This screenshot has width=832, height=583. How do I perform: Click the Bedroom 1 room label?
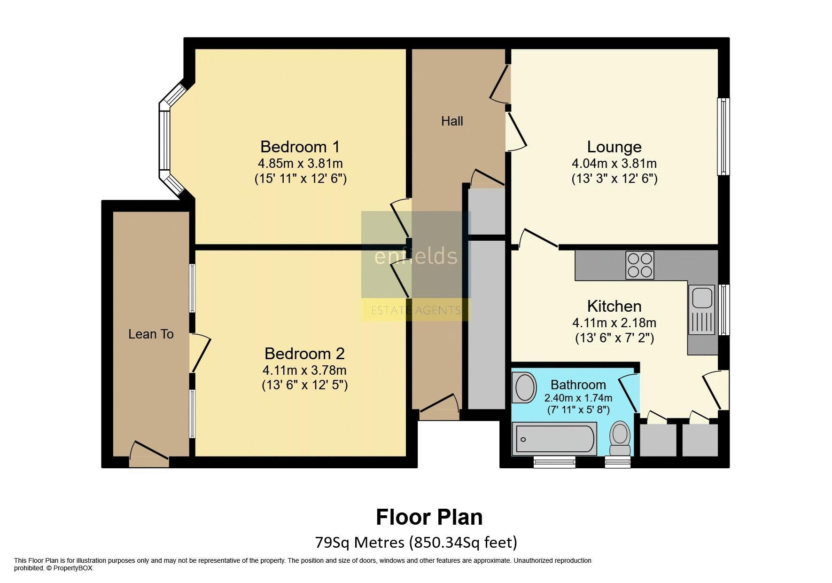300,147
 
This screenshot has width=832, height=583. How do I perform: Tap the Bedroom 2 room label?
304,353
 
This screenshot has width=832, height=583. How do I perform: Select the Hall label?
452,121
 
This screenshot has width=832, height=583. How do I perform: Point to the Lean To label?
151,334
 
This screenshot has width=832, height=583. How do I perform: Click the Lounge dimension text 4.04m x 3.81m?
614,164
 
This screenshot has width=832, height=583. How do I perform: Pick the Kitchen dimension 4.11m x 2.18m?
614,323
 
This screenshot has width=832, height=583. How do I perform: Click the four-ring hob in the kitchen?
639,265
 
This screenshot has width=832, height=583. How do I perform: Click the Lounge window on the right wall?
723,136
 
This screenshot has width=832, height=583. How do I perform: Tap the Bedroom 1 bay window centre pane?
164,140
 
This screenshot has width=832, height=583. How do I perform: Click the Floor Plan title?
429,517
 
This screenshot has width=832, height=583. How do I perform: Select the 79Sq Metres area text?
359,543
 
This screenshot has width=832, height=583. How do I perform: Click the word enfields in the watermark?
416,256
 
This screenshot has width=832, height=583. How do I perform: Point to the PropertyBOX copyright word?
73,568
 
